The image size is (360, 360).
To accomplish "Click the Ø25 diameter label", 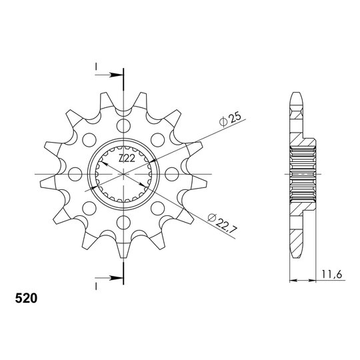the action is click(230, 119).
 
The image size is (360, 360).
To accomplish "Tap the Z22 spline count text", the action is click(127, 158).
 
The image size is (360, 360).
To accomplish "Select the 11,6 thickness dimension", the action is click(332, 274).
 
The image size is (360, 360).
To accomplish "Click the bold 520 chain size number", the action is click(26, 299).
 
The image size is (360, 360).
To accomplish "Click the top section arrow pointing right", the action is click(109, 75).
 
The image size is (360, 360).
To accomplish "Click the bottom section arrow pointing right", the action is click(109, 278).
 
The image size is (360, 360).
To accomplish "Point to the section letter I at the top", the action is click(96, 67).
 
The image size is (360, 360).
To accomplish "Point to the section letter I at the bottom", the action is click(96, 286).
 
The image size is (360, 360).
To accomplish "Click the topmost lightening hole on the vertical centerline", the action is click(123, 125).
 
